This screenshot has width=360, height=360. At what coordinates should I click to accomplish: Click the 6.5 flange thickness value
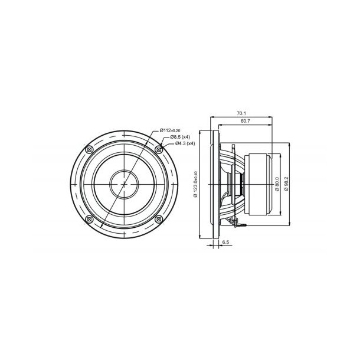(x=225, y=243)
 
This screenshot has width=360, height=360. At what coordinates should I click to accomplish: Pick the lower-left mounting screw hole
(x=89, y=219)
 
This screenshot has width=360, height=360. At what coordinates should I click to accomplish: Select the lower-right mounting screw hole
(x=159, y=219)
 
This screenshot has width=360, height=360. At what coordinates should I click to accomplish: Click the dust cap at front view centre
(x=123, y=184)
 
